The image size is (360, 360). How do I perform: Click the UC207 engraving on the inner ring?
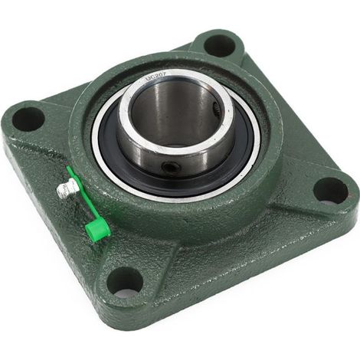(x=155, y=77)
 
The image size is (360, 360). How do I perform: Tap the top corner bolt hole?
(x=219, y=46)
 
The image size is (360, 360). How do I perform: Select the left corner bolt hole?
(x=28, y=119)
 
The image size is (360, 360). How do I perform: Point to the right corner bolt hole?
(x=331, y=191)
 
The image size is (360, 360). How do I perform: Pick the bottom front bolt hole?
(x=124, y=283)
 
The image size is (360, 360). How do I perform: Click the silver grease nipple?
(x=67, y=188)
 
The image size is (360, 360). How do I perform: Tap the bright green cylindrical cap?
(x=98, y=229)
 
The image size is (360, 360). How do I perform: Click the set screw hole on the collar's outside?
(x=169, y=167)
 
